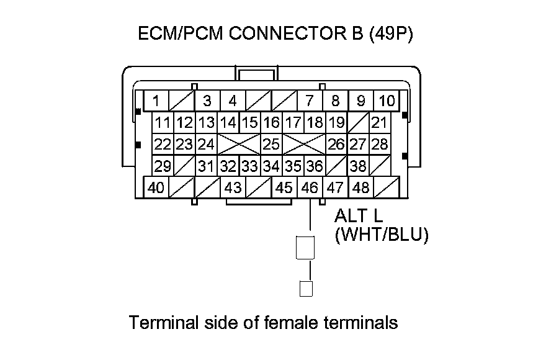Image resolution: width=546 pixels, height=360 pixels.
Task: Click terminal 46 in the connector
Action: click(309, 187)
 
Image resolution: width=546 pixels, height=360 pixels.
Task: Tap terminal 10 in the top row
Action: click(387, 101)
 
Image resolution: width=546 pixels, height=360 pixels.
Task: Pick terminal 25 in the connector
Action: click(271, 145)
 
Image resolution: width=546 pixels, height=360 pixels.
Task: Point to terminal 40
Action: click(157, 187)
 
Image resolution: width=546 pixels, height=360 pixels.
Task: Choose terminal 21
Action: click(379, 123)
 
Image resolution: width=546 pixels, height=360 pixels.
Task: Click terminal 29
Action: click(163, 166)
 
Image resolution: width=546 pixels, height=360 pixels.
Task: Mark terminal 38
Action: click(358, 166)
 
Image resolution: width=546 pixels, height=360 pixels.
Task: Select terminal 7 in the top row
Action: click(309, 101)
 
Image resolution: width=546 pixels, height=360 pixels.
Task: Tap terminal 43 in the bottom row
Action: click(233, 187)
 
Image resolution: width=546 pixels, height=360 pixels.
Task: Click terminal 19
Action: click(336, 123)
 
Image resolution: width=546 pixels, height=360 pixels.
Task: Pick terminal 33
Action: click(249, 166)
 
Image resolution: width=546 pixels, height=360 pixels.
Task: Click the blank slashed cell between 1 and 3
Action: click(182, 101)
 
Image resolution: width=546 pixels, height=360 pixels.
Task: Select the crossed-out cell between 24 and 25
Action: click(238, 145)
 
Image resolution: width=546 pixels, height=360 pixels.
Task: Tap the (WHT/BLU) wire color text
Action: click(381, 236)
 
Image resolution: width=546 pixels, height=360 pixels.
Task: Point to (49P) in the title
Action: click(390, 34)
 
